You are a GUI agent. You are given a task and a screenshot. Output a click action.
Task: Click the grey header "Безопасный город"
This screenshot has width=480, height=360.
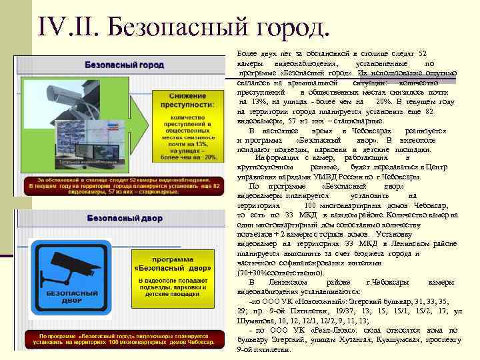click(x=124, y=65)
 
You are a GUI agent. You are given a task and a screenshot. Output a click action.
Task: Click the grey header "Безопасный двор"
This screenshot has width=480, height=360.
click(x=123, y=218)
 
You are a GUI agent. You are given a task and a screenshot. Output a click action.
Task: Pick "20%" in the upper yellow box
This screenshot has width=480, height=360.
click(x=211, y=157)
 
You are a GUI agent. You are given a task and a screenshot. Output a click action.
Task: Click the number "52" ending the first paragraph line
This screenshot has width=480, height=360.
click(x=423, y=53)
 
